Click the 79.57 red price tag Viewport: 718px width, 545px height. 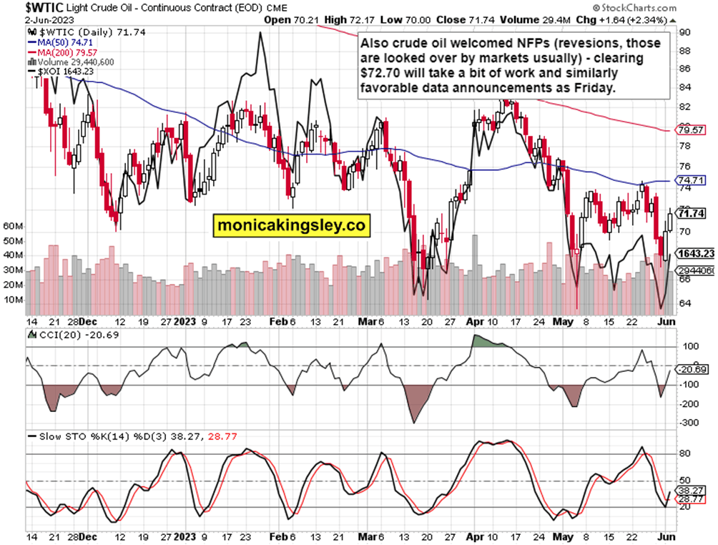[692, 130]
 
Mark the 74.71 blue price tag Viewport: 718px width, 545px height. [692, 181]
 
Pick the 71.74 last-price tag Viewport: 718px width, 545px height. [692, 213]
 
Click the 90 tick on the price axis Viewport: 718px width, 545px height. [685, 32]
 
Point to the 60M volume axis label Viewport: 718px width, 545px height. [13, 225]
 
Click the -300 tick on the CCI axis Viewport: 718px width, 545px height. [688, 423]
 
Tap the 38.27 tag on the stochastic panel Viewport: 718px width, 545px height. [692, 491]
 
